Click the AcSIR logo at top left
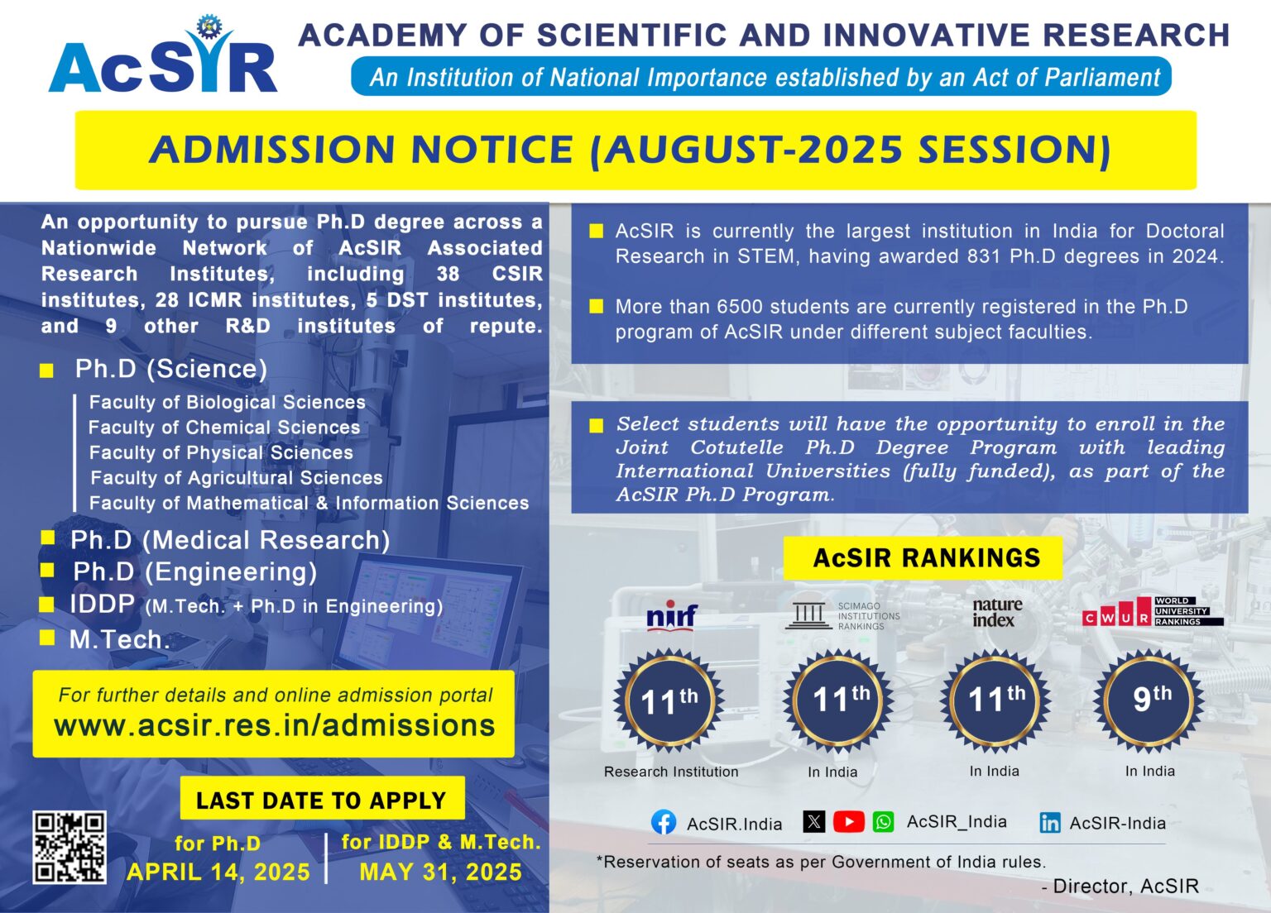[163, 58]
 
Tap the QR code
[70, 847]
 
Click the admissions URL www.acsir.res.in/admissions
[274, 726]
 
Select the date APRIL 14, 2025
[218, 872]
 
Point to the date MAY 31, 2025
[440, 872]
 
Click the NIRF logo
[671, 617]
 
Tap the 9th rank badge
[1150, 701]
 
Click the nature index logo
[996, 613]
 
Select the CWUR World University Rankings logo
[1152, 613]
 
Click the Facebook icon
[664, 823]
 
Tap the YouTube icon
[848, 822]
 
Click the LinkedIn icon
[1050, 823]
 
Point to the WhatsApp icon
[884, 822]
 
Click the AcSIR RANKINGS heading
[926, 558]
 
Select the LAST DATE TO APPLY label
[321, 801]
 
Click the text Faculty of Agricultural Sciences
[236, 478]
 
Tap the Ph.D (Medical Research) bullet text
[230, 540]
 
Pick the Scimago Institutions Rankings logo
[842, 616]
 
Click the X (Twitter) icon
[814, 822]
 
